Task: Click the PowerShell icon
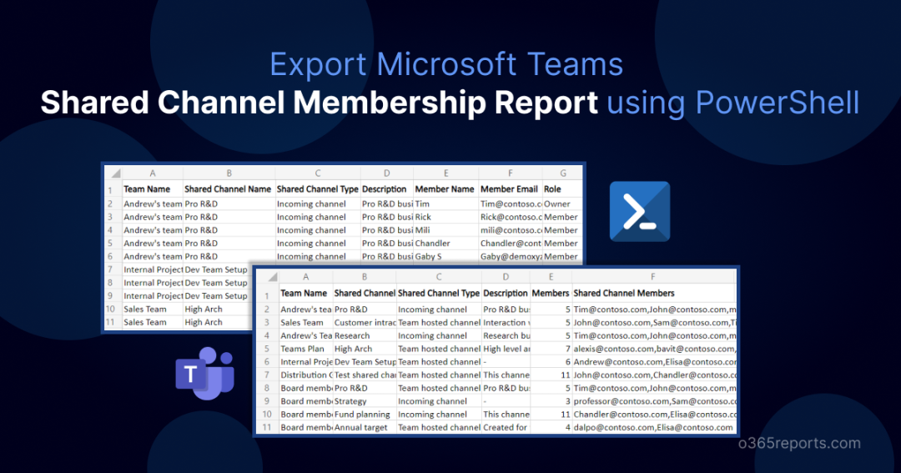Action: pos(640,212)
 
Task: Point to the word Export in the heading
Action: pos(319,64)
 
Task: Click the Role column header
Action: pos(552,189)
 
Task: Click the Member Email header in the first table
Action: pos(509,189)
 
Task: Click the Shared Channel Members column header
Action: pos(624,294)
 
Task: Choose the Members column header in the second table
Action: pos(551,294)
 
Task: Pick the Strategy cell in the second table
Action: pos(350,401)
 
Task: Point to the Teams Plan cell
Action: pos(305,349)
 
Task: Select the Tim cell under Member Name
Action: pos(422,204)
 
